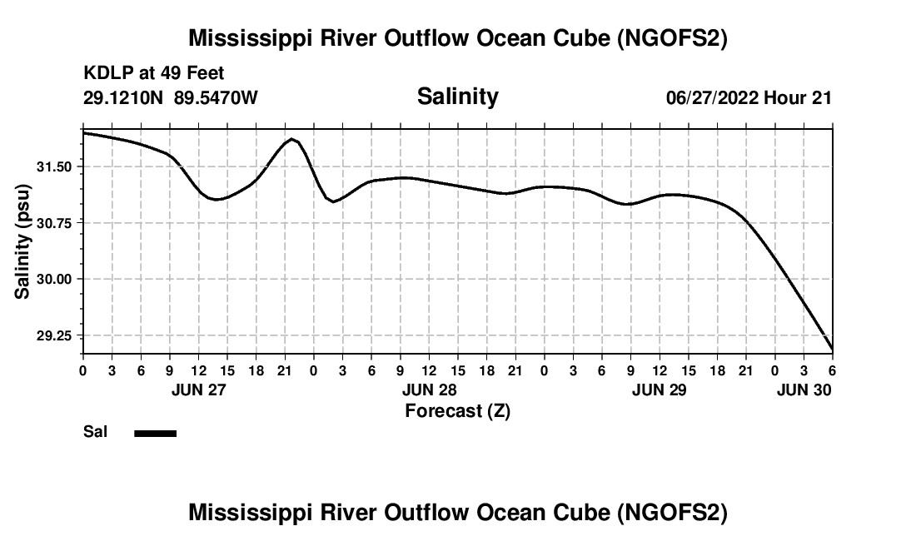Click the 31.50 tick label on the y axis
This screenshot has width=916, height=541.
point(56,166)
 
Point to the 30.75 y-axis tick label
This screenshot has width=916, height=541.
point(56,223)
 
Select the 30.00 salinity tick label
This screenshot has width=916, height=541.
point(56,279)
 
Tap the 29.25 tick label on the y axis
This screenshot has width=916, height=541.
point(56,335)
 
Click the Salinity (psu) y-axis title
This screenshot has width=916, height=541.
point(22,242)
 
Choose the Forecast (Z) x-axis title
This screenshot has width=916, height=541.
point(457,410)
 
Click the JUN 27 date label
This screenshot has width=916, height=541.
point(198,390)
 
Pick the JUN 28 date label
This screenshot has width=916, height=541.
point(429,390)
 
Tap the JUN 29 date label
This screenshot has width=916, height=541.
point(660,390)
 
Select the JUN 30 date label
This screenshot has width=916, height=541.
point(804,390)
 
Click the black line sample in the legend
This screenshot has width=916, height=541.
point(155,433)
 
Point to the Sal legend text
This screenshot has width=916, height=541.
point(94,433)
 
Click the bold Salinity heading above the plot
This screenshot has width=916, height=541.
point(457,97)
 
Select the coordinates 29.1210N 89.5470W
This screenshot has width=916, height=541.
point(171,98)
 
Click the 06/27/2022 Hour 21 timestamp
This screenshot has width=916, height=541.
point(749,98)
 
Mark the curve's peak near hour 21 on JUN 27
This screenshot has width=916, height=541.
point(291,139)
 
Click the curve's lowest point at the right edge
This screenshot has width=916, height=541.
point(831,350)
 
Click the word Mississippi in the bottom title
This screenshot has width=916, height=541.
point(248,513)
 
